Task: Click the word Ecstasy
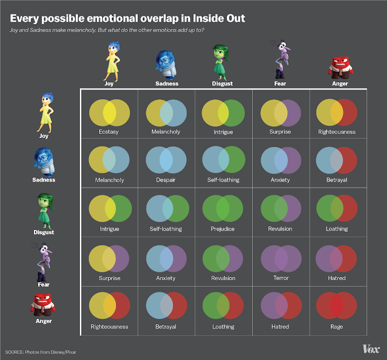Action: (109, 132)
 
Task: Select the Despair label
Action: (166, 180)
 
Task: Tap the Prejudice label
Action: (223, 229)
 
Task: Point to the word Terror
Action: (281, 278)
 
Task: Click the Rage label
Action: (337, 327)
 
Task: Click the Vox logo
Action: (371, 349)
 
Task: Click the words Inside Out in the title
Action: (219, 18)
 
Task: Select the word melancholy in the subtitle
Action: (81, 30)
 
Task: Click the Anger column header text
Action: (340, 83)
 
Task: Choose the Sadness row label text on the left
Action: (44, 180)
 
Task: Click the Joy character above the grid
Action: (112, 61)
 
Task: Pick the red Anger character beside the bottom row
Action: (43, 305)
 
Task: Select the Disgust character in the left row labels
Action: (45, 211)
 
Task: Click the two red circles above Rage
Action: (337, 306)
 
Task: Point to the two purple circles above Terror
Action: (281, 259)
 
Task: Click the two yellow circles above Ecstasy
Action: (109, 113)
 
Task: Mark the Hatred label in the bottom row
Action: (280, 327)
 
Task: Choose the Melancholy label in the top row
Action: (166, 132)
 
